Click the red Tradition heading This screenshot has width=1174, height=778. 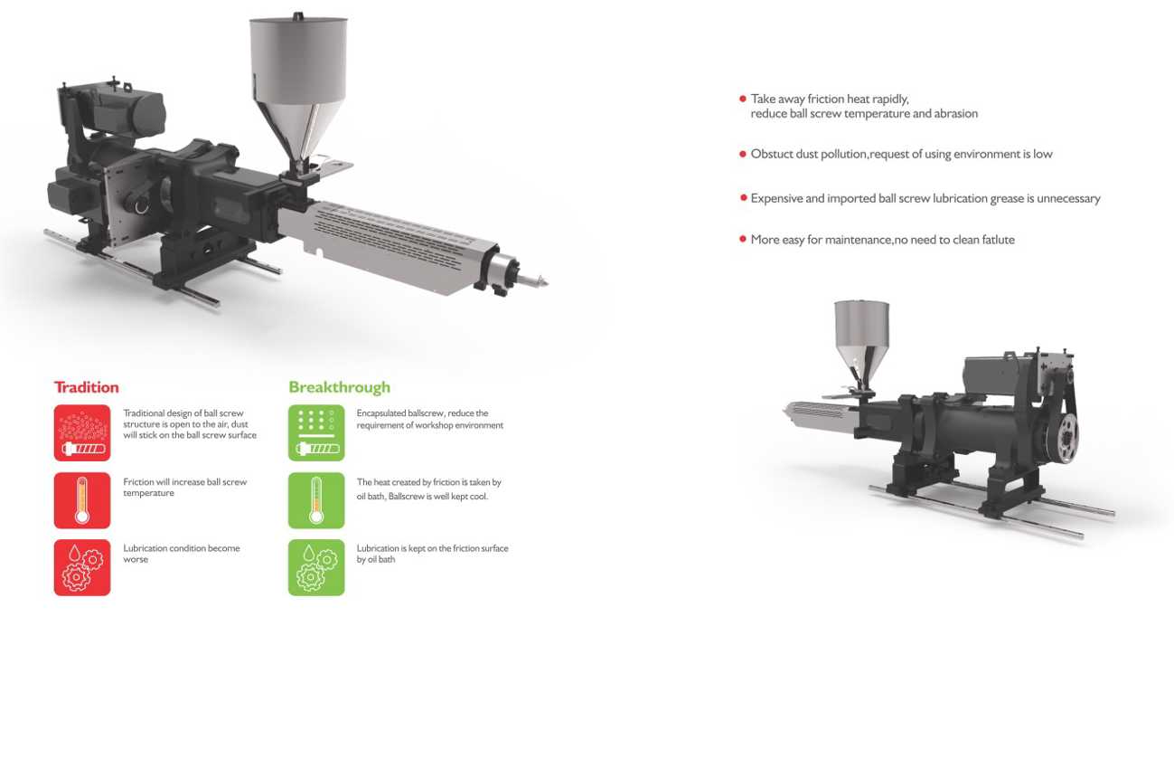[87, 387]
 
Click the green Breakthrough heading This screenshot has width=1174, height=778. [339, 387]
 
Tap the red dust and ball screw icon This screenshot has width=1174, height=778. [82, 432]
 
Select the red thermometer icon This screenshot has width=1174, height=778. [82, 500]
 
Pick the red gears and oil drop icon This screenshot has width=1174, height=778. [82, 567]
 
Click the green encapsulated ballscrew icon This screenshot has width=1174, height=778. [316, 432]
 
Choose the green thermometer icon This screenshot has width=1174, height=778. [316, 500]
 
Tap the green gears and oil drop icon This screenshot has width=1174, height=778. [316, 567]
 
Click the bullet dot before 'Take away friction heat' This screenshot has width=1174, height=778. [743, 99]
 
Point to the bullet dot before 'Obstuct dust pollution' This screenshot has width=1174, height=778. [743, 154]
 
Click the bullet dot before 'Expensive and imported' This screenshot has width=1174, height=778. [743, 198]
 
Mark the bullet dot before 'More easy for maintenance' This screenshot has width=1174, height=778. [743, 239]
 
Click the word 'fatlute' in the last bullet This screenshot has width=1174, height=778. [998, 240]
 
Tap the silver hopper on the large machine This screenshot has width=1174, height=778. [298, 90]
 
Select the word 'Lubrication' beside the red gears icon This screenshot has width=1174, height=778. [144, 548]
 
